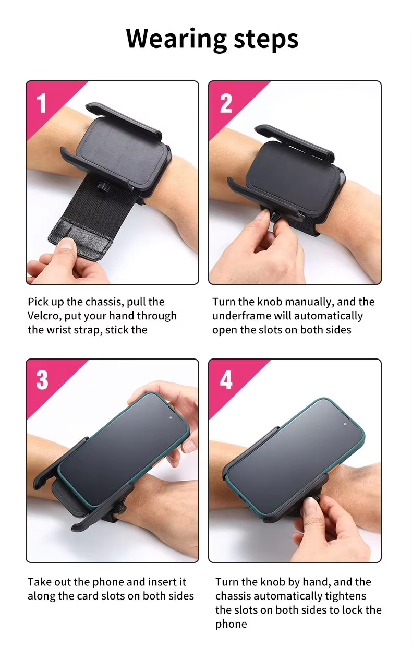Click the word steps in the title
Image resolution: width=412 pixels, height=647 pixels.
tap(266, 40)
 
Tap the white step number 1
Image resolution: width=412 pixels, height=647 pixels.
tap(41, 103)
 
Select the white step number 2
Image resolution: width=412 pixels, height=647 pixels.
tap(226, 103)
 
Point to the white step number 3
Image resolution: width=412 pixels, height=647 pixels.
tap(42, 380)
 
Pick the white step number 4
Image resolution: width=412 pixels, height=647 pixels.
tap(226, 380)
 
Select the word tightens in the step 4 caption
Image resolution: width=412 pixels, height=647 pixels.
tap(346, 596)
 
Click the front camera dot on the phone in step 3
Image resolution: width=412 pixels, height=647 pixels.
tap(171, 417)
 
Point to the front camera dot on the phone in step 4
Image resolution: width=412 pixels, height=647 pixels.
tap(345, 424)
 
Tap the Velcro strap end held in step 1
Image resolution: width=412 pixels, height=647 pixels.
tap(81, 237)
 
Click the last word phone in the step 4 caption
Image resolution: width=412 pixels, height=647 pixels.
tap(231, 625)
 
